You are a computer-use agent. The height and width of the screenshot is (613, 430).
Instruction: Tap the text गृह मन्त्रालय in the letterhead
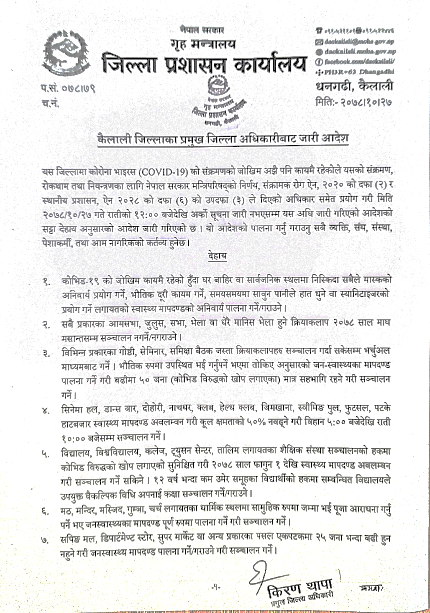coord(204,44)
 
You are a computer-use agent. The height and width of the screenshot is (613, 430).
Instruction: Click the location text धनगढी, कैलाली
coord(354,86)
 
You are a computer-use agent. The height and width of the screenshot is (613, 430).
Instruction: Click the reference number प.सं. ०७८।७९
coord(68,88)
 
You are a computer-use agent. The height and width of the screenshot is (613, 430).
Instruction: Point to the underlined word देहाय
coord(217,256)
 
